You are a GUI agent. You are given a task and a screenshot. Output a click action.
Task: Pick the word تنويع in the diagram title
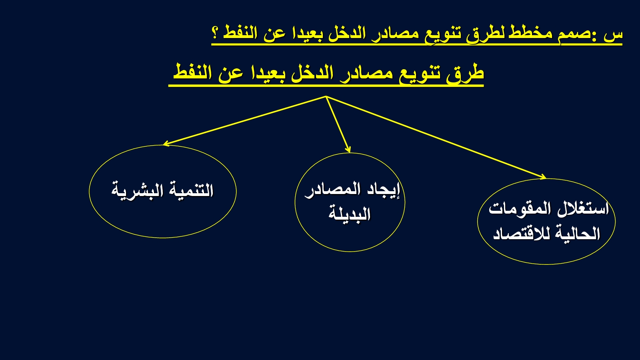420,75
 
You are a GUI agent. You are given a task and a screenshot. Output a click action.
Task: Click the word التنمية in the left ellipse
192,190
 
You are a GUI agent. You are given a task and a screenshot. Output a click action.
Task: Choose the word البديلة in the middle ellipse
350,214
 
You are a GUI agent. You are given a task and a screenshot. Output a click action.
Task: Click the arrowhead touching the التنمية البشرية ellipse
166,144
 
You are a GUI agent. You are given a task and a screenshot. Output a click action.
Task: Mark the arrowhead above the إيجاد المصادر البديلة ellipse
348,150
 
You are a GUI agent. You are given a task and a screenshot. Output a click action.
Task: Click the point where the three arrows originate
326,96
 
